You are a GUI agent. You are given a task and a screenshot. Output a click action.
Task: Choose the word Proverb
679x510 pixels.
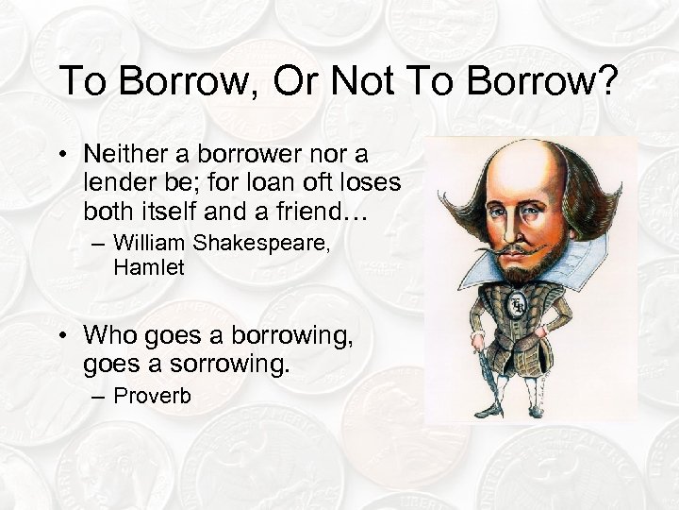pyautogui.click(x=153, y=396)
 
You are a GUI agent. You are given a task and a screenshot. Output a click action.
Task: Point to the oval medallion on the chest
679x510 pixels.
pyautogui.click(x=518, y=304)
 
